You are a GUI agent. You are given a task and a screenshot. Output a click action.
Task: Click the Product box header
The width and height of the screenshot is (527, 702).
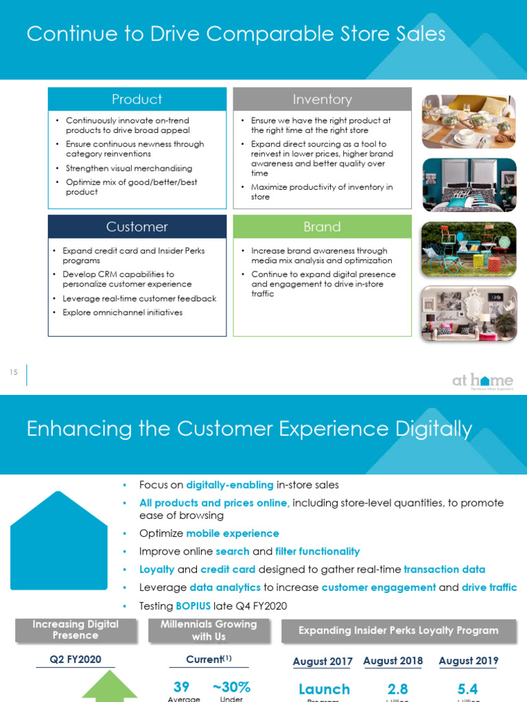tap(137, 99)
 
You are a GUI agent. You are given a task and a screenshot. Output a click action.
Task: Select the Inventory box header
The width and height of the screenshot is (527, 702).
tap(322, 99)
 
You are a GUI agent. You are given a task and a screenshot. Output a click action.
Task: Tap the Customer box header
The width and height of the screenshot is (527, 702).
tap(137, 227)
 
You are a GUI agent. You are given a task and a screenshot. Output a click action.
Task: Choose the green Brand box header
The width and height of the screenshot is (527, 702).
tap(322, 227)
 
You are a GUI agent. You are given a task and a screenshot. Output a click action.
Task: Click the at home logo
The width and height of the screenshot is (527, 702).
tap(482, 381)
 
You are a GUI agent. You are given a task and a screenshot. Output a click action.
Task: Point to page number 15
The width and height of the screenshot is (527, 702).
tap(14, 372)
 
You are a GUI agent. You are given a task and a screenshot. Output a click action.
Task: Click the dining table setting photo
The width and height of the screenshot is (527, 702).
tap(468, 121)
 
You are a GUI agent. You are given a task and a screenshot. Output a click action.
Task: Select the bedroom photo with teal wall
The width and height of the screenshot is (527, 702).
tap(468, 184)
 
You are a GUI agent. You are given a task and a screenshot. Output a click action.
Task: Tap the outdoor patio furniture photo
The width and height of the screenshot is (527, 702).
tap(468, 249)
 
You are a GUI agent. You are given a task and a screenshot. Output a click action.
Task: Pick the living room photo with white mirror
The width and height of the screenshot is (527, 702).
tap(468, 313)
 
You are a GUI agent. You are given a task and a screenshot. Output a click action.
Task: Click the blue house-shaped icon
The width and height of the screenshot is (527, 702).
tap(59, 542)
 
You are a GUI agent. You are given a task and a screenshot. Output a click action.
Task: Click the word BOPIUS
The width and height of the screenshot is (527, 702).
tap(193, 606)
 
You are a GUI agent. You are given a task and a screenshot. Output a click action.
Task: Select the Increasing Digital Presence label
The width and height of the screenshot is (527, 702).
tap(75, 630)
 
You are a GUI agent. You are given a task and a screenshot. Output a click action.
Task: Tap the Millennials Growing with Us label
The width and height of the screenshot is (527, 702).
tap(209, 630)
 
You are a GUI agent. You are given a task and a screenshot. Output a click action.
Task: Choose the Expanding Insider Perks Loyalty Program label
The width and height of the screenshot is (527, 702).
tap(399, 631)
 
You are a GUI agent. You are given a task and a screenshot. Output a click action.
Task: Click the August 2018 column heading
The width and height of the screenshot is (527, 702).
tap(393, 661)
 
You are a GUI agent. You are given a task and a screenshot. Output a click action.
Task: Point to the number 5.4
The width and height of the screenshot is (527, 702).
tap(467, 688)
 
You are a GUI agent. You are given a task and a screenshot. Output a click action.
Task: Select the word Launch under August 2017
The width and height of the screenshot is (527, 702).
tap(324, 689)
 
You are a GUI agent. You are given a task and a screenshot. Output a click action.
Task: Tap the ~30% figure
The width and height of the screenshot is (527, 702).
tap(231, 687)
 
